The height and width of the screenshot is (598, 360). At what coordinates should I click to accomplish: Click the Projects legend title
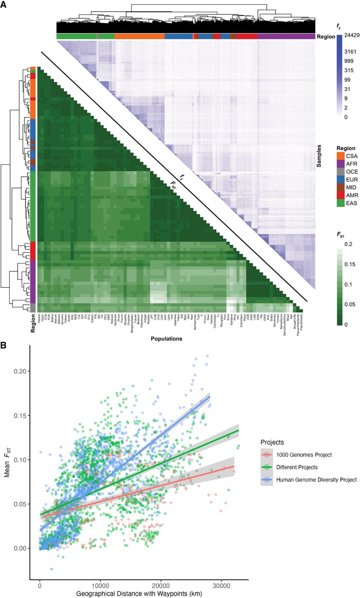[271, 441]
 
